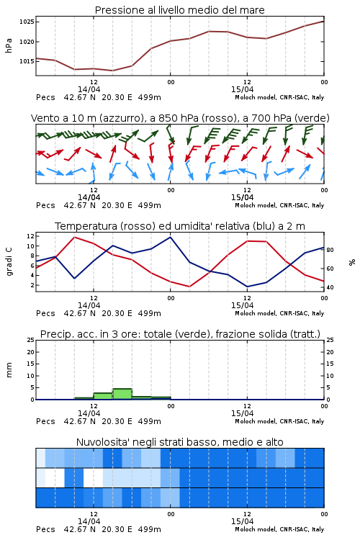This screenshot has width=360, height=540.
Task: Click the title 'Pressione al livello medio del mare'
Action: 179,10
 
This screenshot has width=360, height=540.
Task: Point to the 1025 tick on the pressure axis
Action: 27,22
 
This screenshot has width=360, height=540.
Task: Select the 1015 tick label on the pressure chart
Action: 27,61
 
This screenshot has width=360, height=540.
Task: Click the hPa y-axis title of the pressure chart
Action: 9,45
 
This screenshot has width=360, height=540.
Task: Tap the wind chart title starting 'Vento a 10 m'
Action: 180,118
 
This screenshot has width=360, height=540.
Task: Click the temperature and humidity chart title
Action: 180,226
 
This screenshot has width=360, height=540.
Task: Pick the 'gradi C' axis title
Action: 9,262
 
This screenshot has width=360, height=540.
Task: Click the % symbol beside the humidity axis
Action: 352,262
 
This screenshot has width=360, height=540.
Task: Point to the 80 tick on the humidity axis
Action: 330,250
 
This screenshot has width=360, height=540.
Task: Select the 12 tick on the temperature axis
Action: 30,236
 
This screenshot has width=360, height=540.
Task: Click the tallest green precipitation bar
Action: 122,394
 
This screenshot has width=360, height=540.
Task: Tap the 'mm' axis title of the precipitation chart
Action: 9,370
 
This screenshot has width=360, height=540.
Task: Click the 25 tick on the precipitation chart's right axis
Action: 330,340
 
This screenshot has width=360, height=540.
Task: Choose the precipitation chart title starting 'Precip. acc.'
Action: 180,334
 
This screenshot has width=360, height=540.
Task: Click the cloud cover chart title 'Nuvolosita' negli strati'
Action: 180,442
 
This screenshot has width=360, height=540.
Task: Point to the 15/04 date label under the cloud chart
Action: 242,521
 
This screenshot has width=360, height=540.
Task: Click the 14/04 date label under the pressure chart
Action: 89,89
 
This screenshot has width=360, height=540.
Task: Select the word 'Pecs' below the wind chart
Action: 45,206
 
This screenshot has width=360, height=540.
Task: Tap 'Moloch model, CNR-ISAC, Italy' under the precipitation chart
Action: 279,421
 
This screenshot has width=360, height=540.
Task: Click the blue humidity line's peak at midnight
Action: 170,237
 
